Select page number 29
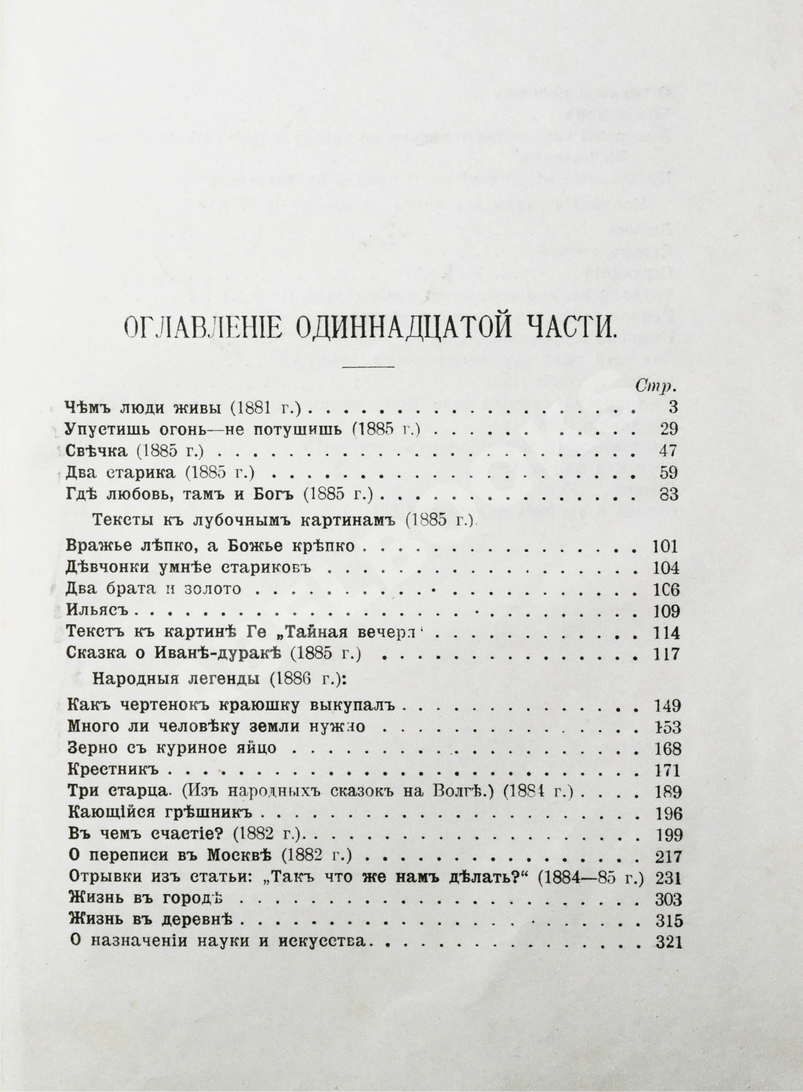click(668, 429)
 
